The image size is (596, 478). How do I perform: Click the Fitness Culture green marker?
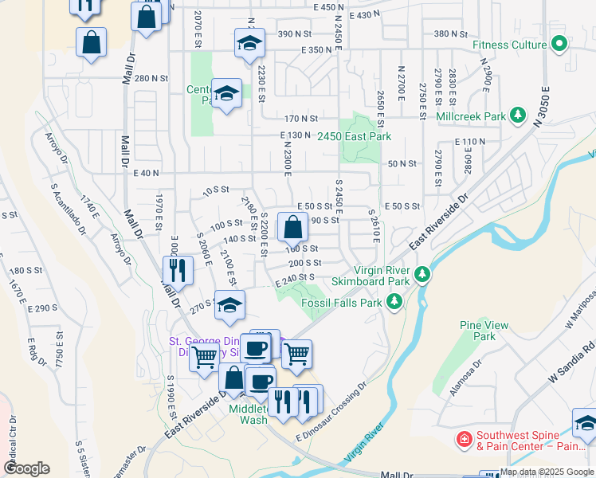(559, 45)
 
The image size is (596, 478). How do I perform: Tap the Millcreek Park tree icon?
(518, 116)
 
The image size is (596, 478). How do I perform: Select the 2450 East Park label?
(354, 137)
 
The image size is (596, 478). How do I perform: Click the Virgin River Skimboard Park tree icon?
(422, 275)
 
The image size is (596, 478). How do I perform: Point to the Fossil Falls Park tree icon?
(393, 302)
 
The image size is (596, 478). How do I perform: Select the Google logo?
(25, 468)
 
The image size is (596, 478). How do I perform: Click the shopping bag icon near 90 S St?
(293, 228)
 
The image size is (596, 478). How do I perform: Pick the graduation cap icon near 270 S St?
(229, 308)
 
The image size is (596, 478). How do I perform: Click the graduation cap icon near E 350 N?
(249, 44)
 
